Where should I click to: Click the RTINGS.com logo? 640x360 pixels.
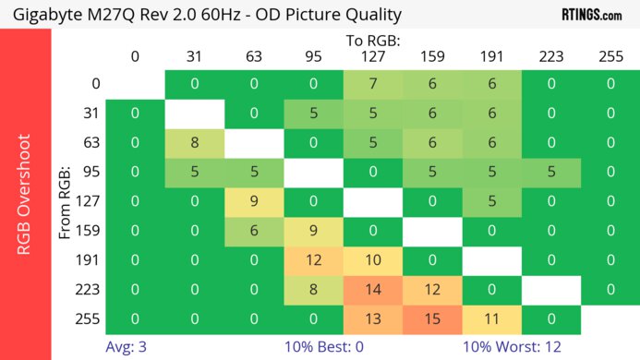(x=591, y=14)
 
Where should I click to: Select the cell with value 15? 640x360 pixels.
(x=431, y=319)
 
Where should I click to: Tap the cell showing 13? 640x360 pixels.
(x=372, y=319)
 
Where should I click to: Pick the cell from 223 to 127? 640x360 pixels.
(x=372, y=291)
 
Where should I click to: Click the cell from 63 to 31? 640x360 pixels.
(x=195, y=143)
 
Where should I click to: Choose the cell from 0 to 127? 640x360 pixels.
(x=372, y=84)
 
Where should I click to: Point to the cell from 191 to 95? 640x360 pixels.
(x=313, y=260)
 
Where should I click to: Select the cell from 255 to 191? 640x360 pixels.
(x=490, y=319)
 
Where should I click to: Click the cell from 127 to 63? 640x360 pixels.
(x=254, y=202)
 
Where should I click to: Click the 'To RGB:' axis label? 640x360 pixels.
(x=372, y=42)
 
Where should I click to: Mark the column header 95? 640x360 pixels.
(x=313, y=56)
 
